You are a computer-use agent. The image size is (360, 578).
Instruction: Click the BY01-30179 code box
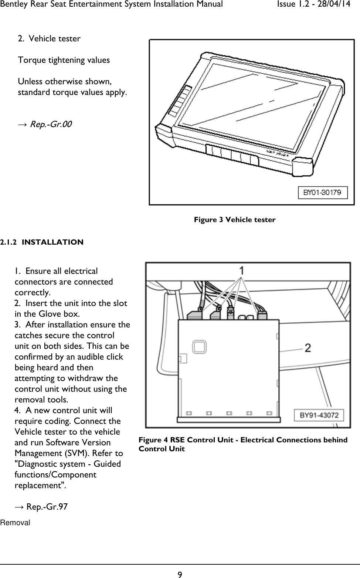click(322, 192)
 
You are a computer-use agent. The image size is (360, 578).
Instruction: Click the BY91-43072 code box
click(319, 415)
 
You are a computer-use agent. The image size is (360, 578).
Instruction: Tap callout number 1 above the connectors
click(241, 271)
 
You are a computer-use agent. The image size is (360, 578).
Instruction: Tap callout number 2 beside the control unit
click(307, 348)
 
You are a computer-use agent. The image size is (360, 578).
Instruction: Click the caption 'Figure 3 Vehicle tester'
click(235, 220)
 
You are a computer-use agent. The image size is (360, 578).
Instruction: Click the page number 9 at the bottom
click(180, 574)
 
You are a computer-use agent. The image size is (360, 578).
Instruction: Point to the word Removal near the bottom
click(15, 523)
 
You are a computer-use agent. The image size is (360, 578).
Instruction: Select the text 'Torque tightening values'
click(64, 60)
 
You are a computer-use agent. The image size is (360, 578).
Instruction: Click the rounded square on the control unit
click(199, 346)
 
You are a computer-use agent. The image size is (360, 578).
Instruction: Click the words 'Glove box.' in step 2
click(61, 314)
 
